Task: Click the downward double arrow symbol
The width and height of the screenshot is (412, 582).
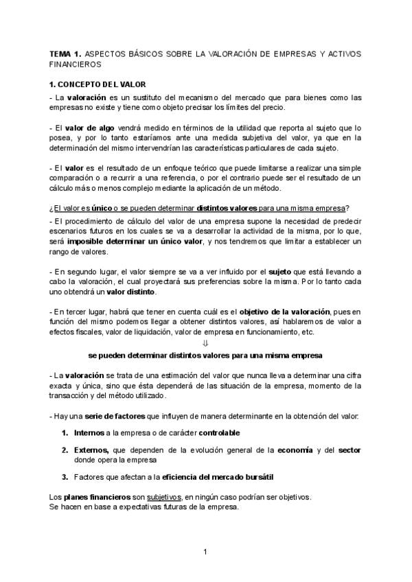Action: pyautogui.click(x=205, y=344)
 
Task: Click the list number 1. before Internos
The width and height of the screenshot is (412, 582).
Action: pyautogui.click(x=65, y=433)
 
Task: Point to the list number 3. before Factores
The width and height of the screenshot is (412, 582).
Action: pyautogui.click(x=65, y=477)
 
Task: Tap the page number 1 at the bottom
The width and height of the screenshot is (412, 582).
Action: pyautogui.click(x=205, y=551)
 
